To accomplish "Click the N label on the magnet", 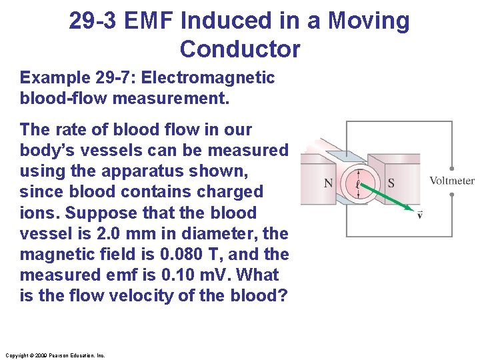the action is (x=329, y=183).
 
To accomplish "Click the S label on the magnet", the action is (x=391, y=183).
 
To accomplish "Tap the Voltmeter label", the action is (x=451, y=181).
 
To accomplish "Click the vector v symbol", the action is (x=419, y=214).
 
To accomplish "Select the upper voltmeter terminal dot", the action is (x=452, y=169).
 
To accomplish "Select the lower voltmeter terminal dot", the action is (x=452, y=195).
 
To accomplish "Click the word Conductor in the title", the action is (x=240, y=49).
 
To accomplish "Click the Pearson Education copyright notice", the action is (x=55, y=355).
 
